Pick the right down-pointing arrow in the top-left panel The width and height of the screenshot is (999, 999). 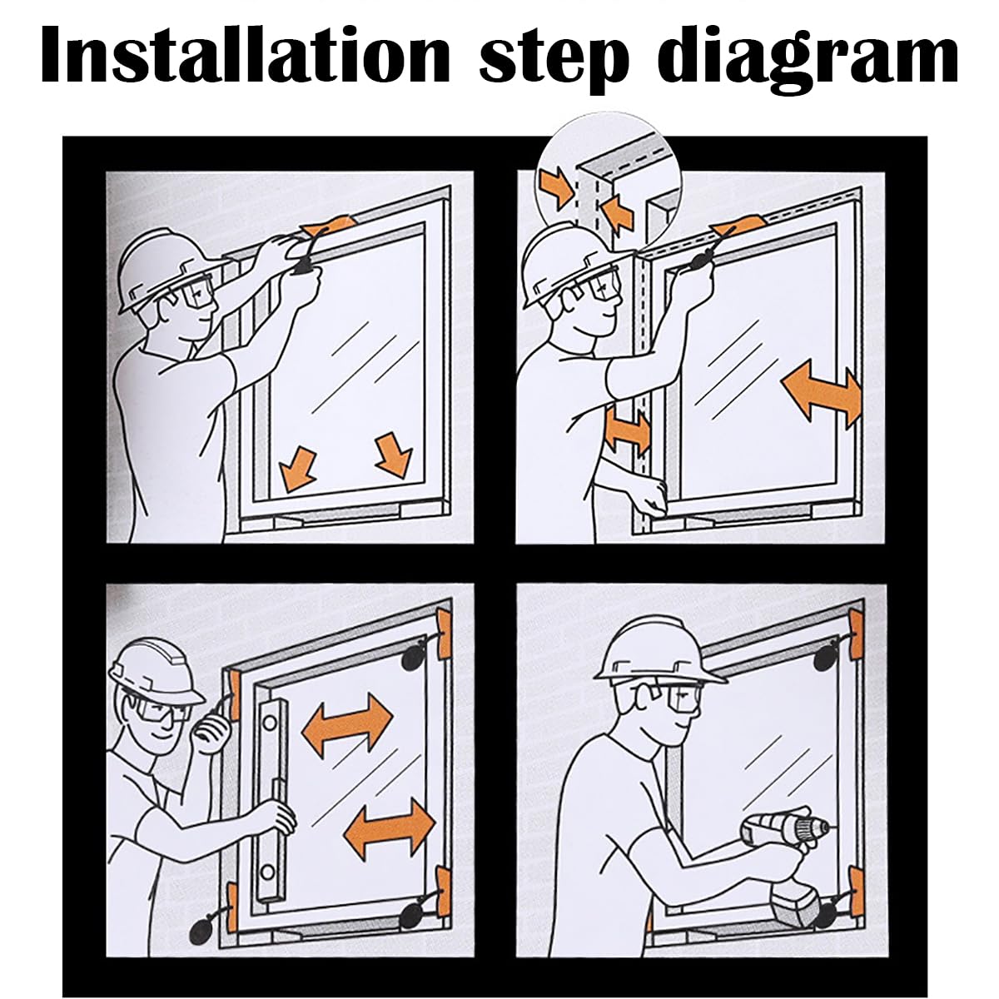pos(395,455)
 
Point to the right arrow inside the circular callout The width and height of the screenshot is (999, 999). pos(618,212)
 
